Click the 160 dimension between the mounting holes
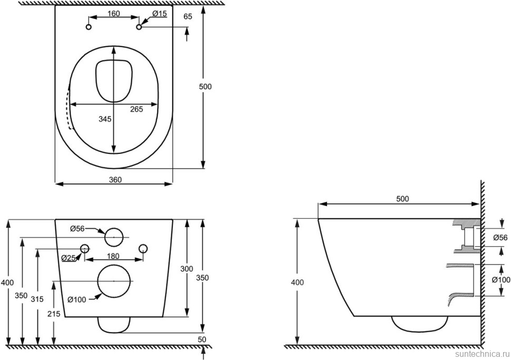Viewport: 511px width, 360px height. coord(113,14)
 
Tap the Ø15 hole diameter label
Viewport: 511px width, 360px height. coord(160,14)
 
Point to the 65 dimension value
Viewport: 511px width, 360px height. coord(188,17)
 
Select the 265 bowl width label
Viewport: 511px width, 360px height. coord(136,110)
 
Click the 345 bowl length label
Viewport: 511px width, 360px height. coord(105,119)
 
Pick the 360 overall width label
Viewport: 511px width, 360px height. coord(115,180)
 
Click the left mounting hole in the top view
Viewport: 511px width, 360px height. coord(89,27)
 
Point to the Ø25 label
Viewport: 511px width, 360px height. coord(68,258)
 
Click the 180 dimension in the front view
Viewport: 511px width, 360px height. coord(113,256)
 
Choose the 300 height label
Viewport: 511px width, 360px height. coord(186,269)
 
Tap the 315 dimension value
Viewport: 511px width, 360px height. coord(37,299)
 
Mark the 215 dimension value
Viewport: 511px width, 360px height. coord(54,314)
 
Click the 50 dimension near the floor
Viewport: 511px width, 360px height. coord(202,339)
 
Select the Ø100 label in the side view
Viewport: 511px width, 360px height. coord(501,280)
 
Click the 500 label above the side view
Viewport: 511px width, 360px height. coord(402,199)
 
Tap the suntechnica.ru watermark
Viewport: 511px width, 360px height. coord(481,354)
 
